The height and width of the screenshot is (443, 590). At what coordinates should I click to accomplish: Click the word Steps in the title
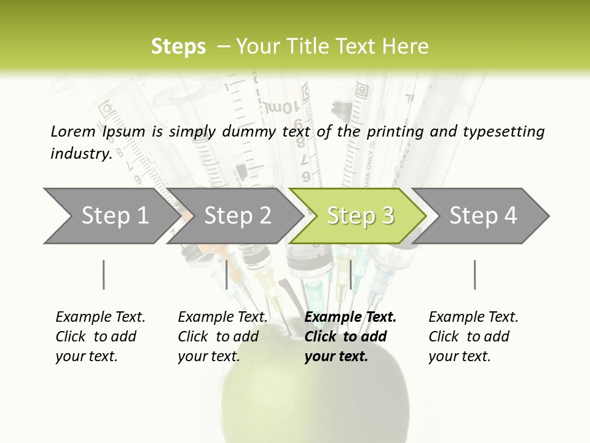tap(178, 47)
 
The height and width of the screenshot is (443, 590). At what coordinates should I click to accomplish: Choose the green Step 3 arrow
tap(360, 216)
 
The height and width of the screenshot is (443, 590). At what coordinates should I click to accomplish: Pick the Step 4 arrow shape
tap(483, 216)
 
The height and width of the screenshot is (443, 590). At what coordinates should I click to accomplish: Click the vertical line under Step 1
tap(104, 274)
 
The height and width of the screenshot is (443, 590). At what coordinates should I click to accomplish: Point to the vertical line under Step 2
tap(227, 274)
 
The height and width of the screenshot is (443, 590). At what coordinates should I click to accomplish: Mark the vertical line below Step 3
tap(350, 274)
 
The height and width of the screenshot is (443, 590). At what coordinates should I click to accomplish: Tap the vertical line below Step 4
tap(474, 274)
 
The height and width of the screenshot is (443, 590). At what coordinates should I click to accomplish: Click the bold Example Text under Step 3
tap(350, 337)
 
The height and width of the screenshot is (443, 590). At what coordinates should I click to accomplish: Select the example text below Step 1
tap(100, 337)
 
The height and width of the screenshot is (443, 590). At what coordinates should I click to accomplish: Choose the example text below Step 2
tap(222, 337)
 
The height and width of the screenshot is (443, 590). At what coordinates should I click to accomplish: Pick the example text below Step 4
tap(473, 337)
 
